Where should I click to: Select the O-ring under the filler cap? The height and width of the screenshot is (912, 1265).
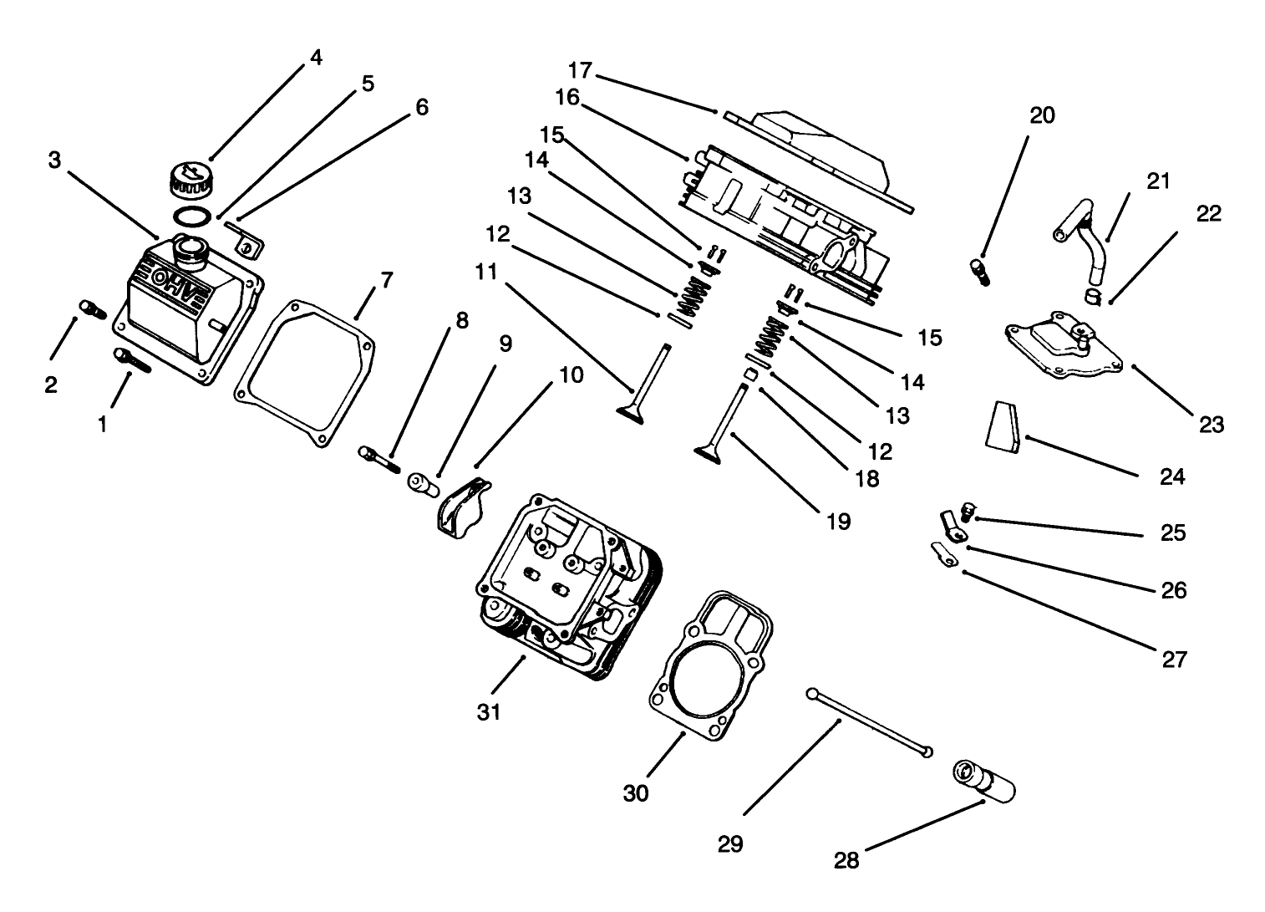[x=192, y=217]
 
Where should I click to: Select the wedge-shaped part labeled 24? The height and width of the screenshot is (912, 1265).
[x=1001, y=427]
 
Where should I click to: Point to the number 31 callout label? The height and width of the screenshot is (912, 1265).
[x=488, y=712]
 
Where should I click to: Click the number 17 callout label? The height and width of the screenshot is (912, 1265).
[x=580, y=69]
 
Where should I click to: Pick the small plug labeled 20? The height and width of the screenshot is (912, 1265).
[x=979, y=272]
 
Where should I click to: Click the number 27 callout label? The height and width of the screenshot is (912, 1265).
[x=1174, y=660]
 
